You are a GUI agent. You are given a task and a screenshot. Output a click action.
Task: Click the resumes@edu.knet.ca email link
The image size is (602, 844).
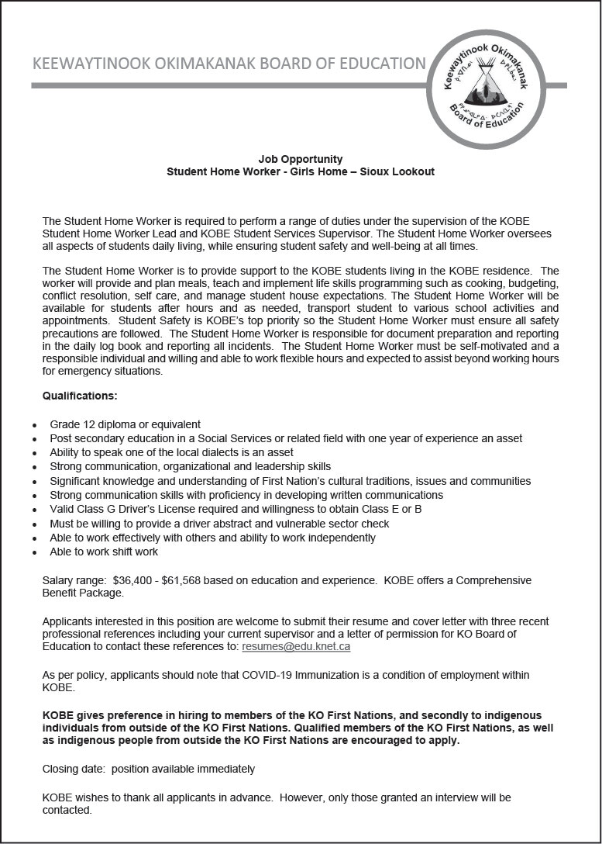click(296, 646)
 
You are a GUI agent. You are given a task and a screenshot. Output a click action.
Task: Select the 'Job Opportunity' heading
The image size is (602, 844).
click(301, 159)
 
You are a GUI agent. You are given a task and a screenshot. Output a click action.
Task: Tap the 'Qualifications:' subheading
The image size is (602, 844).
click(80, 396)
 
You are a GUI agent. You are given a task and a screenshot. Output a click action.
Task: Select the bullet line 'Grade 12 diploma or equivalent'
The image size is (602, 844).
click(125, 424)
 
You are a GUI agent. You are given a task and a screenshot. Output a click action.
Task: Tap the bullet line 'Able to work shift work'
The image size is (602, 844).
click(104, 552)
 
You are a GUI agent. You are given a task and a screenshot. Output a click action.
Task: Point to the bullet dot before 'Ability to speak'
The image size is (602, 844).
click(33, 453)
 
